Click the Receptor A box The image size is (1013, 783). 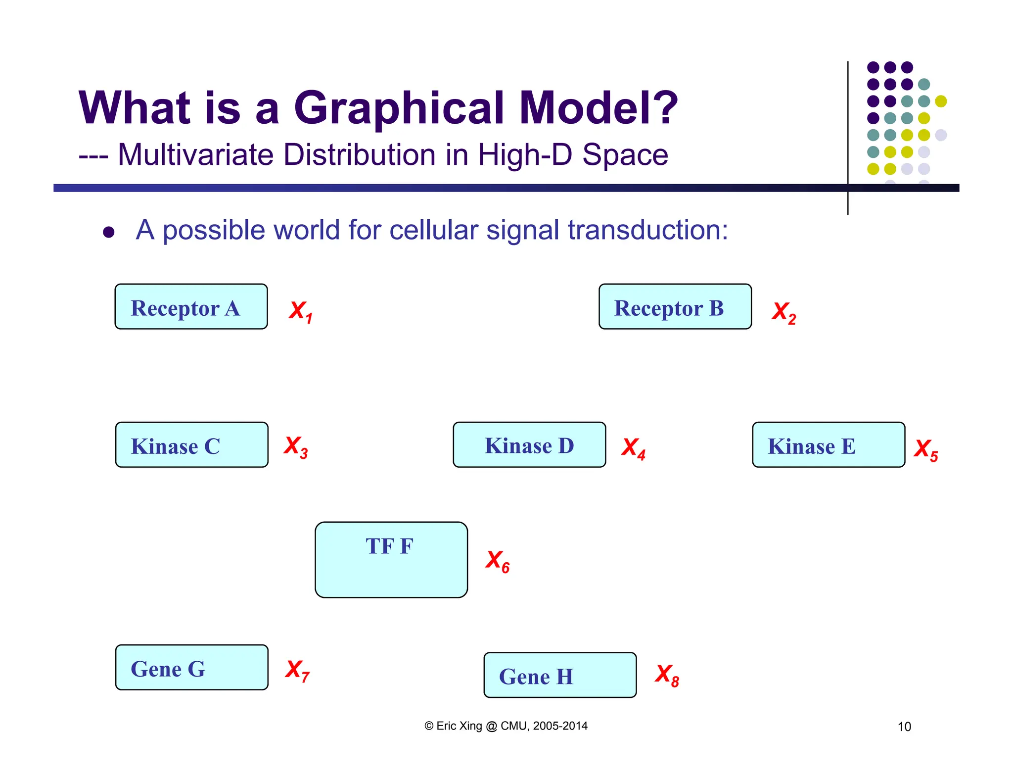pos(191,306)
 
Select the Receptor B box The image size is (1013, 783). pos(675,306)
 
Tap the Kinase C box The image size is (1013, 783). pos(191,444)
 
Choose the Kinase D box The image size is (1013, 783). pos(529,444)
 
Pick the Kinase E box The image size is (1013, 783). pos(829,444)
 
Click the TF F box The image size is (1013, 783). pos(391,559)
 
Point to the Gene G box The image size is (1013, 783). pos(191,667)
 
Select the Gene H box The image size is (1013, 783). pos(560,675)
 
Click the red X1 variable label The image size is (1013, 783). pos(300,312)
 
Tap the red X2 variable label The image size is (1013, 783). pos(783,313)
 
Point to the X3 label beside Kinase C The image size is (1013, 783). pos(296,447)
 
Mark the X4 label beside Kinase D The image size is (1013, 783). pos(633,448)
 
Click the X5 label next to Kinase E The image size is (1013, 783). pos(925,450)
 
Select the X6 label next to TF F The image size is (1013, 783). pos(497,561)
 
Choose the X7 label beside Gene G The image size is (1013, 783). pos(297,671)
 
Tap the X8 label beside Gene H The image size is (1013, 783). pos(667,675)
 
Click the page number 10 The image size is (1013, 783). pos(904,727)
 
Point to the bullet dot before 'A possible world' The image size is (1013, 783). pos(109,232)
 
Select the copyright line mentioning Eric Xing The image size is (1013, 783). pos(506,726)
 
